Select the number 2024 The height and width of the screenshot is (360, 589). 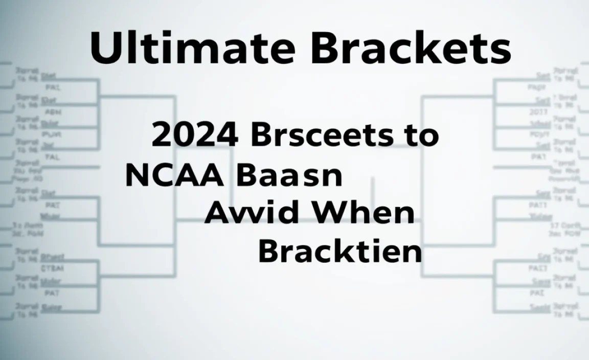(195, 136)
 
